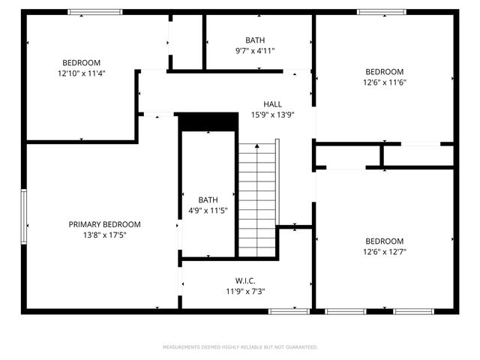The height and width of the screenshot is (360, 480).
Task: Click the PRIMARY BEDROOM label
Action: click(104, 224)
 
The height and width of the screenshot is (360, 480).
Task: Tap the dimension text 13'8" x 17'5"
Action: click(104, 235)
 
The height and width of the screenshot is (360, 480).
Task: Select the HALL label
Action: click(272, 104)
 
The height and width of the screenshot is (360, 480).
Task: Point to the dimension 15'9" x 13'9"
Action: click(272, 115)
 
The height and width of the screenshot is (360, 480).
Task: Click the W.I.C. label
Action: click(245, 280)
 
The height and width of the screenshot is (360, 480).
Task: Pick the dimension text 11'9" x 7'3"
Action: click(245, 291)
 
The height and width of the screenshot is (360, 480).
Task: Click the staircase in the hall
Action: click(257, 199)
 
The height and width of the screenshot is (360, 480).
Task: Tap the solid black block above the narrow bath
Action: click(206, 121)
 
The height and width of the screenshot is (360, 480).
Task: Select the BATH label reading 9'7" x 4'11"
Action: click(255, 40)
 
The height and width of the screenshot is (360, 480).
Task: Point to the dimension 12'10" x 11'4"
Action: click(81, 73)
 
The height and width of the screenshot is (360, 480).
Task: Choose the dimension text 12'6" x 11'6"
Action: click(384, 82)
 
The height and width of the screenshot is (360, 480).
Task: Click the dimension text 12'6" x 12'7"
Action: click(384, 252)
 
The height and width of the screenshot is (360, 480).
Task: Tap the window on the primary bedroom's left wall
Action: click(24, 216)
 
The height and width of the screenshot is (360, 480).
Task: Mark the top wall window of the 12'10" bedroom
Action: click(95, 12)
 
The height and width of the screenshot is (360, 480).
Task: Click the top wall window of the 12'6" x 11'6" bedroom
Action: click(381, 12)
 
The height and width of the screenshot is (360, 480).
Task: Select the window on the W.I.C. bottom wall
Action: click(289, 310)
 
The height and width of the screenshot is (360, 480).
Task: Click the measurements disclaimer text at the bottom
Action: click(240, 347)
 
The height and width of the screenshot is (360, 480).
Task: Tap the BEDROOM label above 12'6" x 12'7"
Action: click(384, 241)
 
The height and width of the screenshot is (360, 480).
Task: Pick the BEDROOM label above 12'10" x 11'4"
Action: click(81, 62)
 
